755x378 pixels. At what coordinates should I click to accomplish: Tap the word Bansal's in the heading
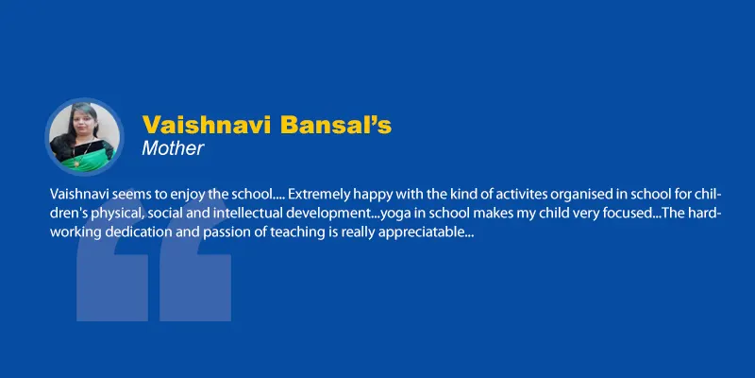tap(336, 125)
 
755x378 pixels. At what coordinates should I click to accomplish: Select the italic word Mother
tap(173, 148)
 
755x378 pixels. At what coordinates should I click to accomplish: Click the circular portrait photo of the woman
tap(84, 136)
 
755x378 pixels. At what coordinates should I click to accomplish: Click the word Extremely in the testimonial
tap(313, 195)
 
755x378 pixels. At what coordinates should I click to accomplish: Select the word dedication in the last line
tap(131, 232)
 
